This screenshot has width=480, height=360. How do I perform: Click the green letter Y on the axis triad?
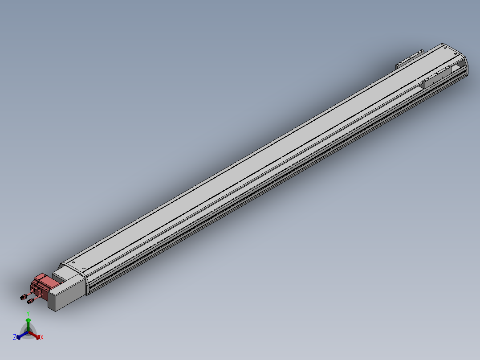pos(28,314)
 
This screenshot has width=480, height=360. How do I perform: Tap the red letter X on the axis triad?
pos(42,337)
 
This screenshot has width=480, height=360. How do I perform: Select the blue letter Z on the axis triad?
pos(14,337)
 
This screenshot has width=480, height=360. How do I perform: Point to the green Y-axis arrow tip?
pos(28,320)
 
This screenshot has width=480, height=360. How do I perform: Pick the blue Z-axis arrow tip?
pos(18,337)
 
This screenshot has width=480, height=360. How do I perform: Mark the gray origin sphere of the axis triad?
pos(28,332)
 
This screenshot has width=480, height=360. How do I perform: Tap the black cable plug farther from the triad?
pos(23,297)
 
